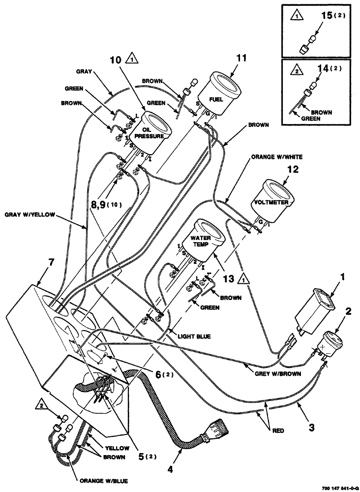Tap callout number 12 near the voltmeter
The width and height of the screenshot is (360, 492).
(292, 170)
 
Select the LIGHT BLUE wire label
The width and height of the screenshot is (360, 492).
(194, 337)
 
